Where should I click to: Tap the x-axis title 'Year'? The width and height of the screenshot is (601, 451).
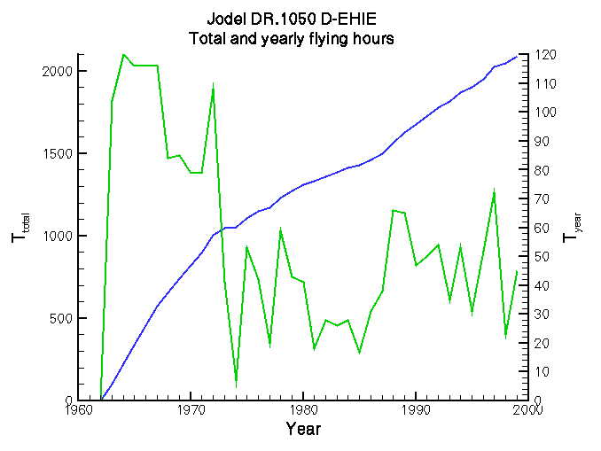303,430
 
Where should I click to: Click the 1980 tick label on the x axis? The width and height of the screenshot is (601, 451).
303,410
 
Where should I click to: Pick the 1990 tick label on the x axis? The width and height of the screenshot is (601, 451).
416,410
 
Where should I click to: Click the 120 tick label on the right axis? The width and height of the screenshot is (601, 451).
543,55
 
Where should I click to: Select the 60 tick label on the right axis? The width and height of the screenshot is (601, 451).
541,228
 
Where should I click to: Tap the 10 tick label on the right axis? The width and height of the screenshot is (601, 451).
541,371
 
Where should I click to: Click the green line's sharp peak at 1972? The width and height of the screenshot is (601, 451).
213,84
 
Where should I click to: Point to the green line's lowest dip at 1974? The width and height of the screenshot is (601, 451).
236,385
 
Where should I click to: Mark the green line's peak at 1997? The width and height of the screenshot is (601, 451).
494,191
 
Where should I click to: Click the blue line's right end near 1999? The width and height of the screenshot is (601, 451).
518,56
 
